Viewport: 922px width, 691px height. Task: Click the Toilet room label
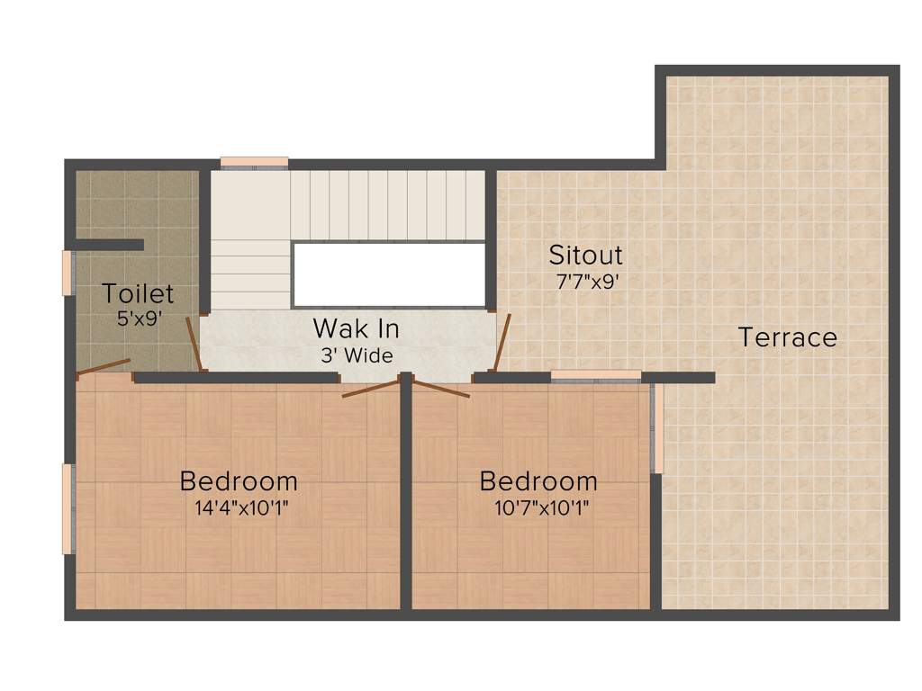pos(137,293)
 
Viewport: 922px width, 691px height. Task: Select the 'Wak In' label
pos(356,328)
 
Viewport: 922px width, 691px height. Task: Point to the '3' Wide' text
pos(357,355)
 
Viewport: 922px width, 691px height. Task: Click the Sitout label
pos(586,255)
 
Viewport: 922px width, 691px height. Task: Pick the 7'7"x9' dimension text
pos(587,281)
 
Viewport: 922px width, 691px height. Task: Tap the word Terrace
pos(787,337)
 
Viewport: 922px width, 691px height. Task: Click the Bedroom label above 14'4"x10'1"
pos(239,481)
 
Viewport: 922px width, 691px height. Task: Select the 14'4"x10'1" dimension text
pos(241,507)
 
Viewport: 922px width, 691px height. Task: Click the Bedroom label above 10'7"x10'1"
pos(538,481)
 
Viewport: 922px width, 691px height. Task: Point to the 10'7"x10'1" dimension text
pos(542,507)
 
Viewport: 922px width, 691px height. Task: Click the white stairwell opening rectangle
pos(389,274)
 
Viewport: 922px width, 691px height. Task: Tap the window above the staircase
pos(254,163)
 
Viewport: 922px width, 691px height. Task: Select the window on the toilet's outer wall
pos(67,273)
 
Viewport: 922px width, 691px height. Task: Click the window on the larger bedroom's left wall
pos(67,508)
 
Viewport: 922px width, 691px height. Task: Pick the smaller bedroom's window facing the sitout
pos(595,376)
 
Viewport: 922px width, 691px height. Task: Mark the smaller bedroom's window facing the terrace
pos(657,428)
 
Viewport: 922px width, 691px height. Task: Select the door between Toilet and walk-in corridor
pos(194,345)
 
